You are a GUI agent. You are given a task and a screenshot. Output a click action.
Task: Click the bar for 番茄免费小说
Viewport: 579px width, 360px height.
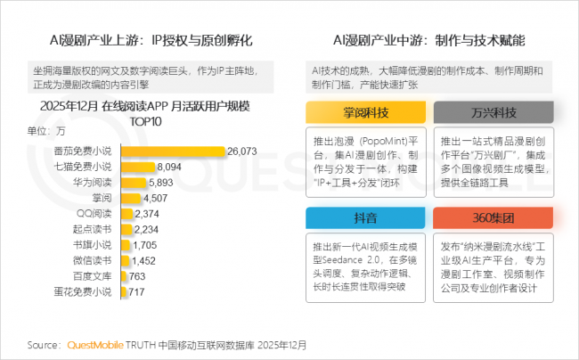point(171,151)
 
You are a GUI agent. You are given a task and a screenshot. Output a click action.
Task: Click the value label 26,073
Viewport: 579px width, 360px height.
point(242,151)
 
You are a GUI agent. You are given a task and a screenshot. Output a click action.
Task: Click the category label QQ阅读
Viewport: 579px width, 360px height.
point(94,213)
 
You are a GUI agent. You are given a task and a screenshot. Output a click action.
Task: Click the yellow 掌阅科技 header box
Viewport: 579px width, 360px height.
point(367,113)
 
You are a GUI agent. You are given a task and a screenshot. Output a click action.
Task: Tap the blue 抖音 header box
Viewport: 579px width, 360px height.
point(367,218)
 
